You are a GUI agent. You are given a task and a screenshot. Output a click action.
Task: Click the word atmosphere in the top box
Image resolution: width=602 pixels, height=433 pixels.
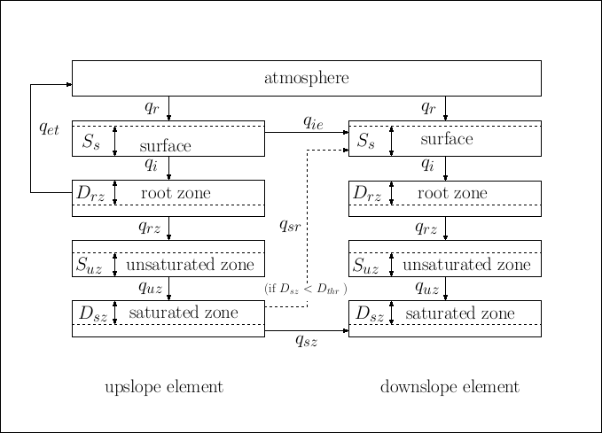coord(306,78)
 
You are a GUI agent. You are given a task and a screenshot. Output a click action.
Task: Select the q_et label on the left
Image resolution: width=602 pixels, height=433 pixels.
coord(49,128)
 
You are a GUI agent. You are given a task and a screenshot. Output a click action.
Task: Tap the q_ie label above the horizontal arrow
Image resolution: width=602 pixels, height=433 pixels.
coord(313,121)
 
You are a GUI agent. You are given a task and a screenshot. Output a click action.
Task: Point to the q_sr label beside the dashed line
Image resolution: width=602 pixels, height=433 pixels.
coord(290,226)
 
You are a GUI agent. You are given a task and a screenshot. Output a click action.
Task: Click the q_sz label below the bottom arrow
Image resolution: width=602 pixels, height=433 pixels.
coord(306,341)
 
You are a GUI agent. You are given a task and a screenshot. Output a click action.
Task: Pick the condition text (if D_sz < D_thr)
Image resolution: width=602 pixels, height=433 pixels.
coord(305,289)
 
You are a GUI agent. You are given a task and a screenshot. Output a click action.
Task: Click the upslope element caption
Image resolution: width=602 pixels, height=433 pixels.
coord(163,387)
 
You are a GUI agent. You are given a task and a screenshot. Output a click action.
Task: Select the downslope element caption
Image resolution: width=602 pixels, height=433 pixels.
coord(450,387)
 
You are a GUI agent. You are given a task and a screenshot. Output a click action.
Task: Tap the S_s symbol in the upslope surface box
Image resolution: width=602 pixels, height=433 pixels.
coord(91,142)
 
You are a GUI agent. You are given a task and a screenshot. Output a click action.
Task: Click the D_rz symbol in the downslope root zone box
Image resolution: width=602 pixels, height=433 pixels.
coord(366,193)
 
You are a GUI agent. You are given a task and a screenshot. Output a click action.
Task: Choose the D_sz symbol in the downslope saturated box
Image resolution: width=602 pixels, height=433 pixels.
coord(368,313)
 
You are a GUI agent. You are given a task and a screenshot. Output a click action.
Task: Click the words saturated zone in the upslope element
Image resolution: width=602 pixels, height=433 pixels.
coord(184,313)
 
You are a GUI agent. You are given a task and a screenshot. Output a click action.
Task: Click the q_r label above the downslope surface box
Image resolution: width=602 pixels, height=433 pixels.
coord(428,108)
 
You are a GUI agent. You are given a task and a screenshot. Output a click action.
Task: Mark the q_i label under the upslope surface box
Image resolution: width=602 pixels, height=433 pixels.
coord(151,165)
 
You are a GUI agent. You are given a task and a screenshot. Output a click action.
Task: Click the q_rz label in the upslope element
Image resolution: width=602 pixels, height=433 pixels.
coord(150,228)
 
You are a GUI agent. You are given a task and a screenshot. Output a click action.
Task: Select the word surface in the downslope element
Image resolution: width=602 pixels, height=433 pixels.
coord(446,140)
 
